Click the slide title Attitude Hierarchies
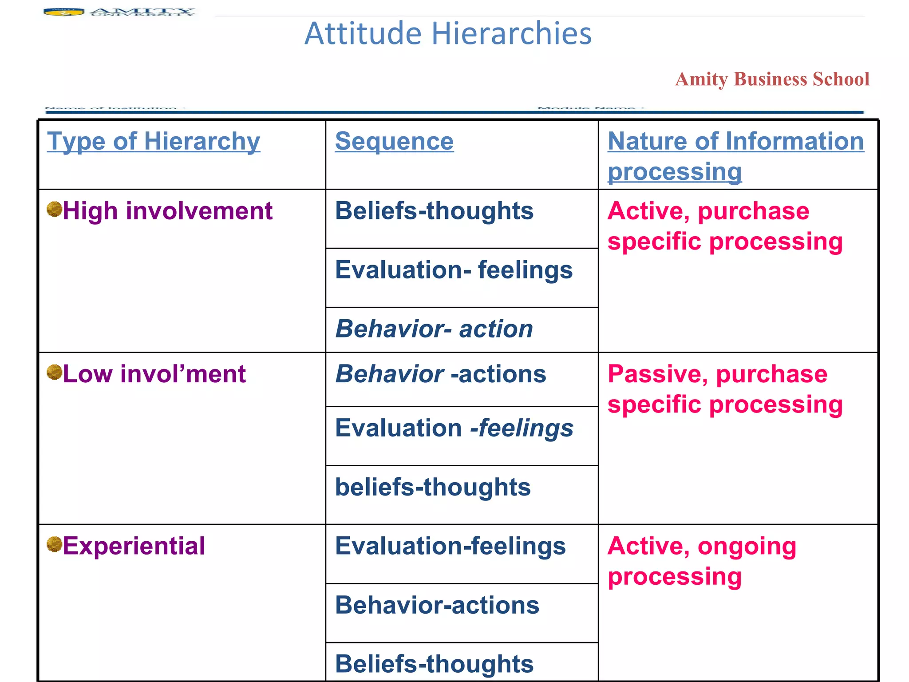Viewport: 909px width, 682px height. point(447,34)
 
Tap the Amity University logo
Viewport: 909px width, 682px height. point(119,12)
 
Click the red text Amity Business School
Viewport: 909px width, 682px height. point(772,79)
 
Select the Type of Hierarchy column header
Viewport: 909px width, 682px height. point(154,142)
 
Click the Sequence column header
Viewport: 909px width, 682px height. point(394,142)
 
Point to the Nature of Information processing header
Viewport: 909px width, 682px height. point(735,156)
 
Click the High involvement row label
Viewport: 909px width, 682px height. point(167,211)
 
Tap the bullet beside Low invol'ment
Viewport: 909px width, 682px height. point(54,373)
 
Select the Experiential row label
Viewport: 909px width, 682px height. point(134,546)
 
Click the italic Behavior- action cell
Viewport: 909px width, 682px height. point(434,329)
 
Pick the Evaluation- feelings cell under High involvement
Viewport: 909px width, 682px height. point(454,270)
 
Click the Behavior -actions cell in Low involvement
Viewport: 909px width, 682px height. point(440,374)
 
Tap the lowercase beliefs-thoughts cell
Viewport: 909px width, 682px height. point(433,487)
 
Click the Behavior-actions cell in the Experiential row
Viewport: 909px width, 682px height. point(437,605)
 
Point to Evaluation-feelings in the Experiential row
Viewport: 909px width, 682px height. point(450,546)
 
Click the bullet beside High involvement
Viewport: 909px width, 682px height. point(54,209)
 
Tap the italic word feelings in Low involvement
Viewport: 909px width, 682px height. point(526,428)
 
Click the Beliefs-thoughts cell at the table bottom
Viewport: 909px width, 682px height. point(434,664)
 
